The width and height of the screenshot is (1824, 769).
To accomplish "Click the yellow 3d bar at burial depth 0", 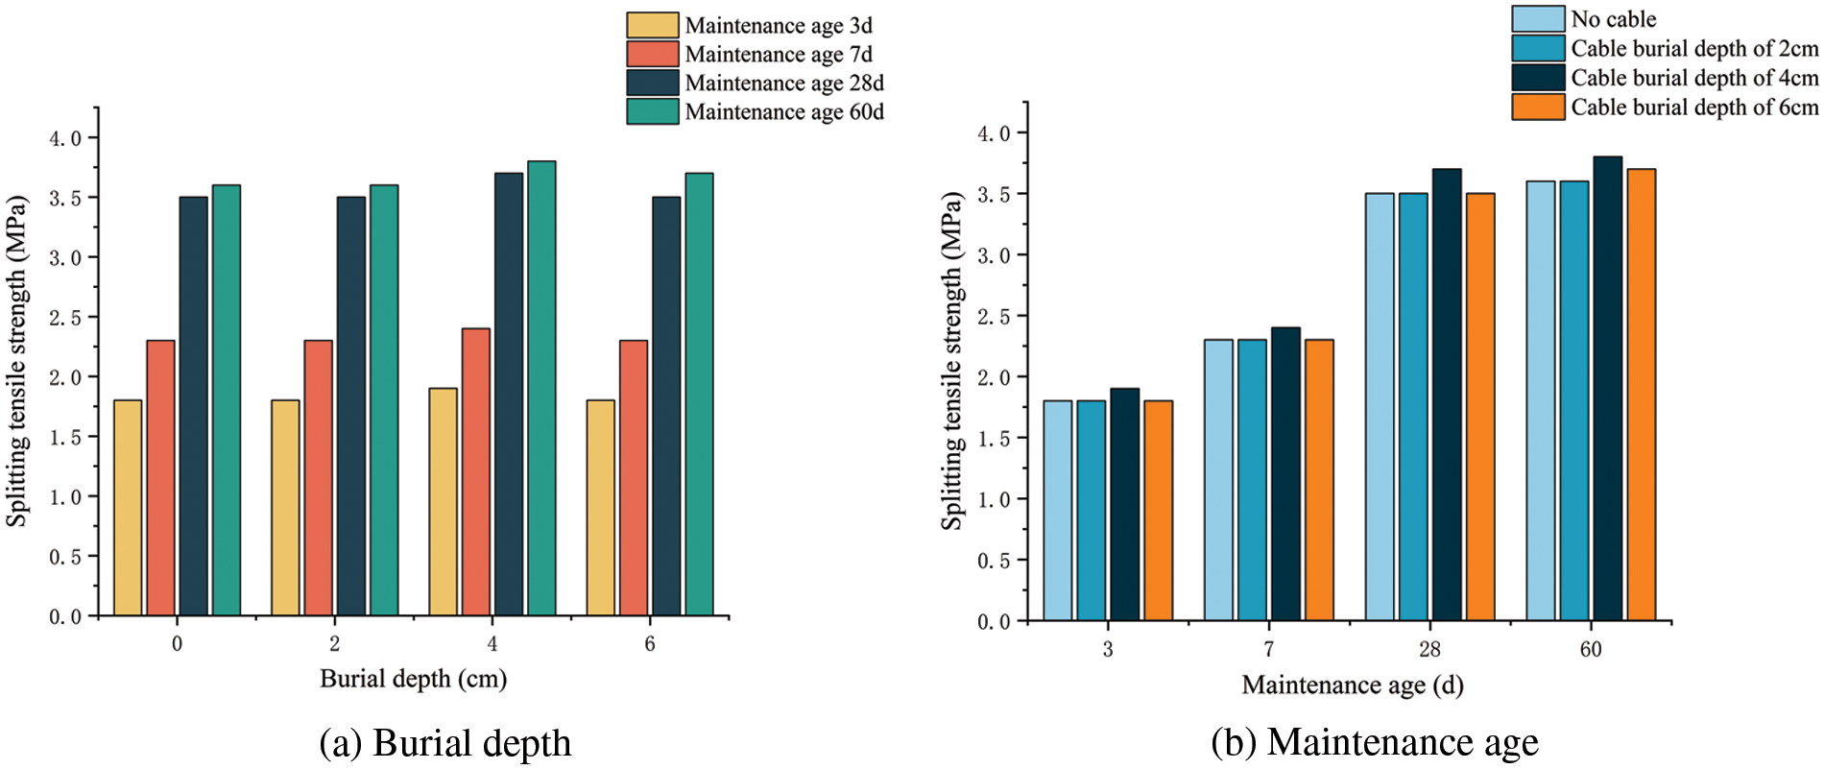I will coord(128,508).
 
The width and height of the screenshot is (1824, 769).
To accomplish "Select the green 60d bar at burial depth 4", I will coord(541,388).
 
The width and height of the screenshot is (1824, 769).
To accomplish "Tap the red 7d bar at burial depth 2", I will coord(318,477).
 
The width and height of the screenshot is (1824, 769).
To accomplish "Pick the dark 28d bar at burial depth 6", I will coord(666,406).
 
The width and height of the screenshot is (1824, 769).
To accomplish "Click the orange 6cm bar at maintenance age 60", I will coord(1641,395).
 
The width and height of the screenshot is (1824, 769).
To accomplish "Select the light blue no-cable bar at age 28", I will coord(1380,407).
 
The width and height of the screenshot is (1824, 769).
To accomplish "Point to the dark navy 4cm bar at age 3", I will coord(1124,504).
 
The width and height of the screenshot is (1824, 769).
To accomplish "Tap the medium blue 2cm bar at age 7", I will coord(1252,480).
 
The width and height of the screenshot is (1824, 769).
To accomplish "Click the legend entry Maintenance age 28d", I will coord(756,84).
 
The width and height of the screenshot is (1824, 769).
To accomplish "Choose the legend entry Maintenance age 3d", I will coord(750,26).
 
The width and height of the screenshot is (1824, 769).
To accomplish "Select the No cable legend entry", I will coord(1584,19).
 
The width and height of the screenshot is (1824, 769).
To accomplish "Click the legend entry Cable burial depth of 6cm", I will coord(1665,107).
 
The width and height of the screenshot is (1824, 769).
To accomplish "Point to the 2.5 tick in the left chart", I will coord(65,318).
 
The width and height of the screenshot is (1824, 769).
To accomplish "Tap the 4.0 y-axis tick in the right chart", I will coord(994,133).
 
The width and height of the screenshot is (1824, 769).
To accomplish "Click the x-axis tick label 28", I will coord(1429,650).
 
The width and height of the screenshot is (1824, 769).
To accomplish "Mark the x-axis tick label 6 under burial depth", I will coord(650,644).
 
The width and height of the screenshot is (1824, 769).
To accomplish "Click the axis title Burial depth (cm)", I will coord(413,680).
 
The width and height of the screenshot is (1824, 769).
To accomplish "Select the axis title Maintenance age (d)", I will coord(1352,685).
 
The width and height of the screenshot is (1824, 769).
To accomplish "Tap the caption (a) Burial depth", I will coord(444,744).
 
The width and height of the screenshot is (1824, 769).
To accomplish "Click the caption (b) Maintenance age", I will coord(1374,742).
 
